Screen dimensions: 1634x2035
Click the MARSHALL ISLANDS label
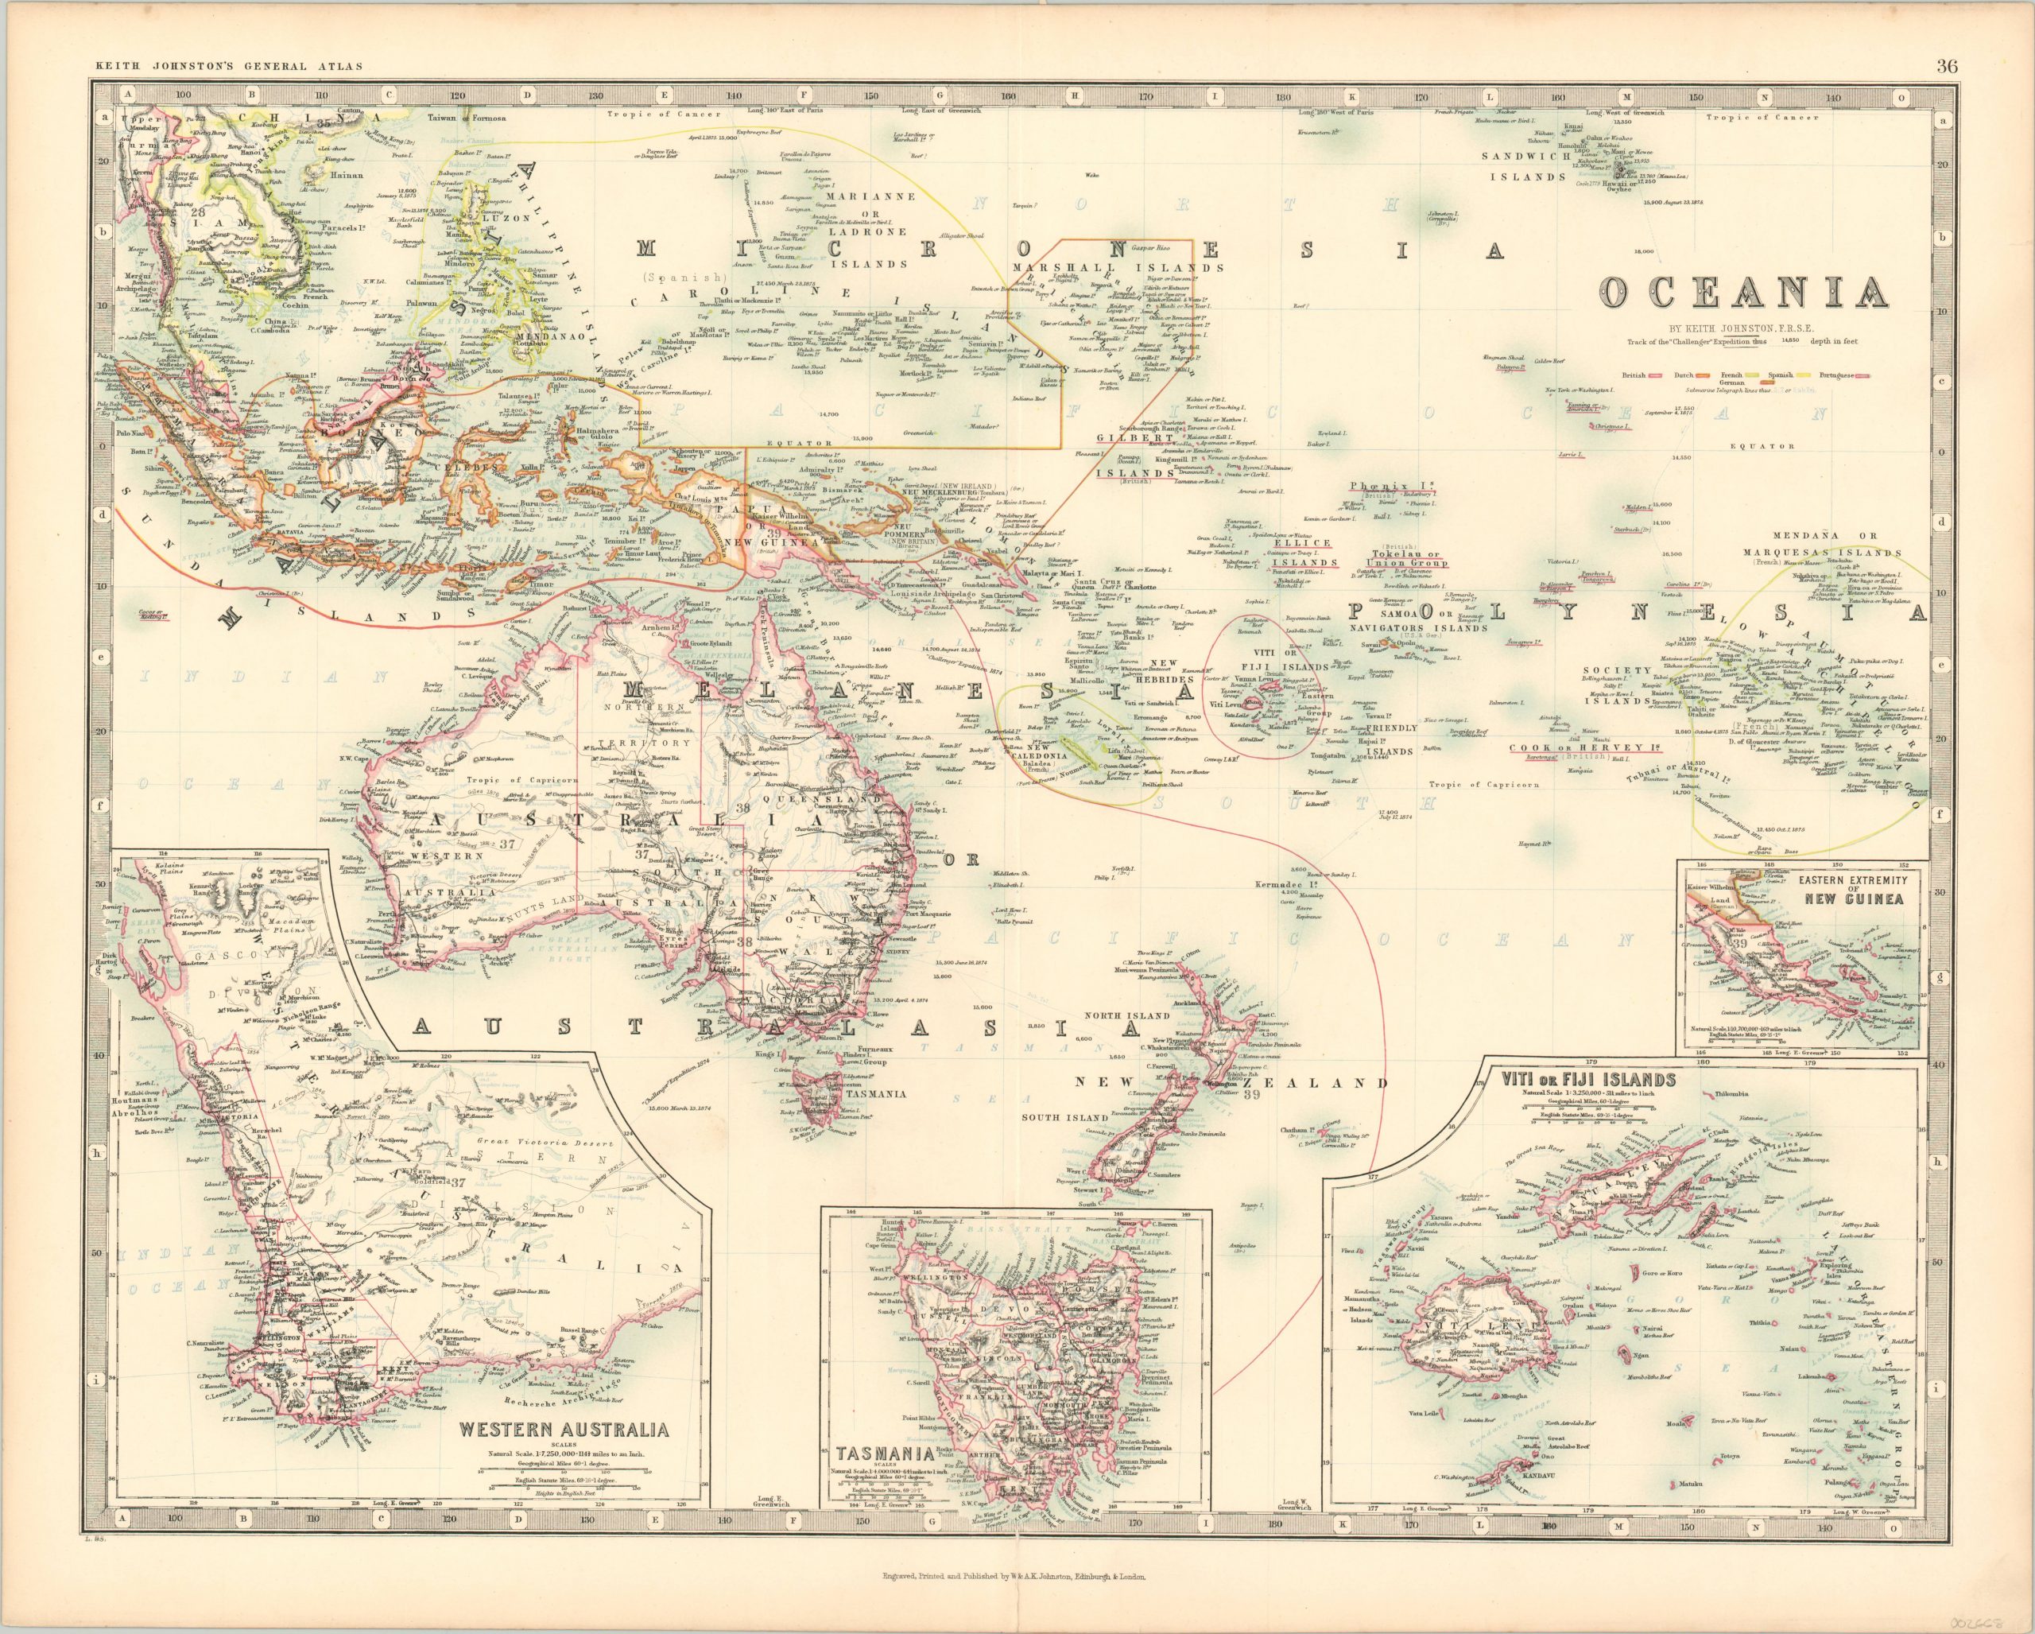[x=1118, y=267]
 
